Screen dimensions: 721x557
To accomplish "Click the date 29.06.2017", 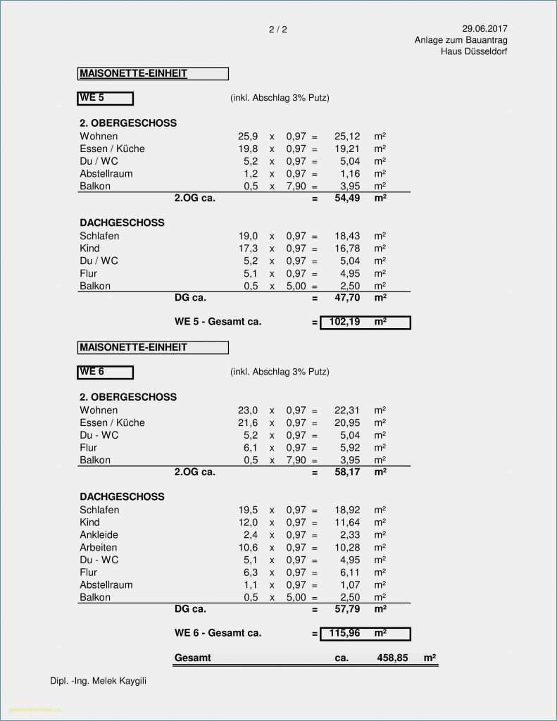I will (x=484, y=29).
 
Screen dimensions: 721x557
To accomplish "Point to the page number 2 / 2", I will (x=278, y=30).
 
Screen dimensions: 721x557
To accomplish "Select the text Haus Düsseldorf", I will (x=474, y=51).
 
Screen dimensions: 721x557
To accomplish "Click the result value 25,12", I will (x=347, y=137).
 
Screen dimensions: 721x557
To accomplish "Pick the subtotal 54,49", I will (x=347, y=199).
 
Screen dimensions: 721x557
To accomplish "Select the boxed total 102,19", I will (x=344, y=322).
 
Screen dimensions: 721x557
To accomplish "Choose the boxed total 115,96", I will (x=344, y=634).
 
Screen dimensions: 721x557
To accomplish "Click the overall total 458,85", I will (x=392, y=658).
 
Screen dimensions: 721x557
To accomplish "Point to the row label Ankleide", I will (x=99, y=535).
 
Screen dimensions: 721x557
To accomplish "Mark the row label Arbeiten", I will (x=99, y=548).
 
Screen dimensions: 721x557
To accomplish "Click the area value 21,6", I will (x=248, y=423).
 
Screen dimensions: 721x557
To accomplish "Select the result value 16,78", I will (x=347, y=249).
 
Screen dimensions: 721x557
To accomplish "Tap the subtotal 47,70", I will (x=347, y=298).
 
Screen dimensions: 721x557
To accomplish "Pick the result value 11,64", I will (x=347, y=522).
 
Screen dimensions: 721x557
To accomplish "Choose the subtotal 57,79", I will (x=347, y=609).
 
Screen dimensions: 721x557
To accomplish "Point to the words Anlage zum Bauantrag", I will (x=461, y=40).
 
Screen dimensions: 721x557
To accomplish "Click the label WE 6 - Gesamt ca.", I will (x=218, y=633).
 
